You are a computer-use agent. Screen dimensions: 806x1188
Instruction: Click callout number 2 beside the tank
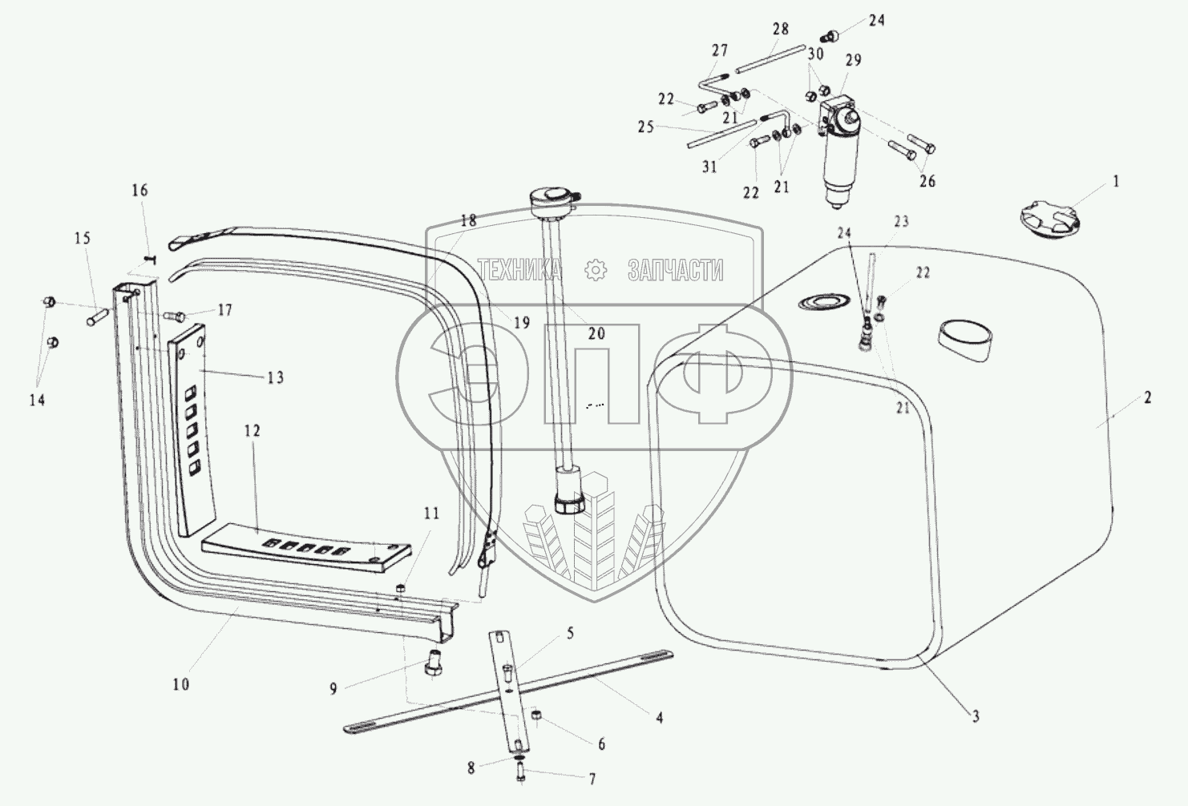click(x=1147, y=397)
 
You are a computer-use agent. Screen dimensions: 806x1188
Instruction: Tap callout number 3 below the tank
click(x=976, y=717)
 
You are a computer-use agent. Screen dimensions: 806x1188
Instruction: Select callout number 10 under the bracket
click(x=181, y=684)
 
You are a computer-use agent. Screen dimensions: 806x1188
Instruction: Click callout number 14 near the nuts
click(x=37, y=400)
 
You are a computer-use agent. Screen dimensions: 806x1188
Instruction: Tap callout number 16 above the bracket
click(x=139, y=191)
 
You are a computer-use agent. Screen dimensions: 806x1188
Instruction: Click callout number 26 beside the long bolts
click(x=927, y=182)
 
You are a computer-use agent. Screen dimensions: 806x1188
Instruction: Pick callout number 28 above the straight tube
click(x=780, y=30)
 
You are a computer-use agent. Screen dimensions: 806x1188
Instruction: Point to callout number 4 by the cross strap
click(x=659, y=719)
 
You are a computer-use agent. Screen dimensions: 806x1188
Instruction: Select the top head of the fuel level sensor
click(x=553, y=196)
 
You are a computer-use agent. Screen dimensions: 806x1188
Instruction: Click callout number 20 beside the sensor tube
click(x=596, y=334)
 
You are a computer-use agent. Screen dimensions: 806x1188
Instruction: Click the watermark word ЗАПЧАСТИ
click(x=675, y=271)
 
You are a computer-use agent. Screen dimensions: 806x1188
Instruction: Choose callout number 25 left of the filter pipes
click(x=646, y=127)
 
